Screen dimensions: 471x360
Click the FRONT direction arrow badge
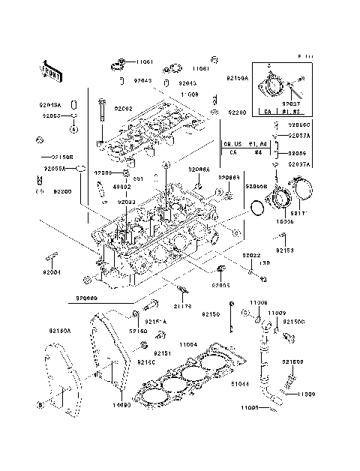[x=50, y=70]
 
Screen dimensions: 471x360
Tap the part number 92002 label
[x=123, y=109]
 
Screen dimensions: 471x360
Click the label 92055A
[x=54, y=169]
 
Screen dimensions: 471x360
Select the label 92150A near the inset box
[x=238, y=77]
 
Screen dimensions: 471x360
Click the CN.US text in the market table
[x=232, y=141]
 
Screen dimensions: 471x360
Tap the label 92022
[x=251, y=256]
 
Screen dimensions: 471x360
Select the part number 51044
[x=240, y=384]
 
